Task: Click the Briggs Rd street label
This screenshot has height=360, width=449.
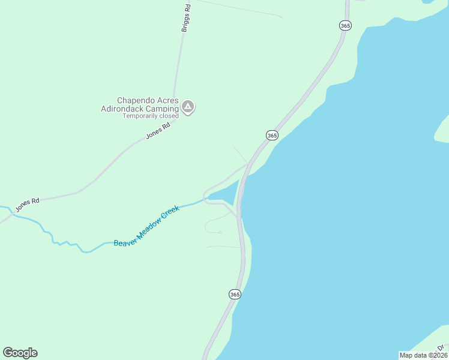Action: tap(187, 18)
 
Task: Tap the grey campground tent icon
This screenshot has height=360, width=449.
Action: tap(188, 107)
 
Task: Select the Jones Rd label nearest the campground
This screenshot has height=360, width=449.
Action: tap(158, 130)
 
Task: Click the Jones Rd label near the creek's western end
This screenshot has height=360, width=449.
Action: tap(27, 204)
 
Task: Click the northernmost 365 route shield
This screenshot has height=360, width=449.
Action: tap(345, 25)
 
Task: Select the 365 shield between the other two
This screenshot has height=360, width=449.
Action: tap(272, 136)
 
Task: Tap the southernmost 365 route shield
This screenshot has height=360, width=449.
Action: tap(235, 294)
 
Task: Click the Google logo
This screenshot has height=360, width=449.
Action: tap(20, 353)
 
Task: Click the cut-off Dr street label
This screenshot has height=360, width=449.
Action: tap(441, 347)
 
